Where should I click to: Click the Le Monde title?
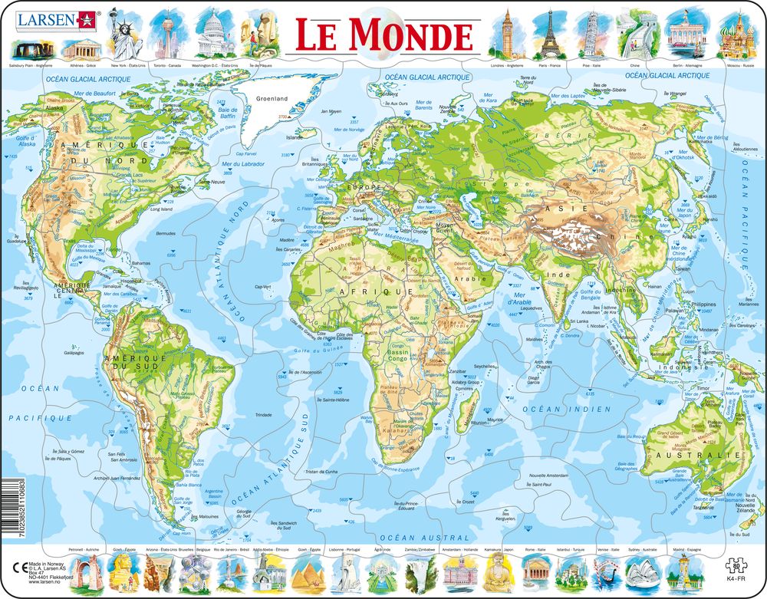384,35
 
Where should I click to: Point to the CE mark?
16,565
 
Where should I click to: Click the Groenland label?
272,99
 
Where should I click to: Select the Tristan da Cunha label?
321,472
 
